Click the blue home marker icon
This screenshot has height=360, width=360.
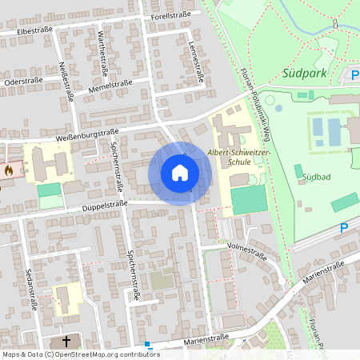[x=180, y=173]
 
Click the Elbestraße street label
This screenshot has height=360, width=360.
[x=34, y=30]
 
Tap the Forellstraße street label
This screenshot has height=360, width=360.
[x=170, y=14]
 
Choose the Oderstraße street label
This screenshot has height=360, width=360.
[x=23, y=82]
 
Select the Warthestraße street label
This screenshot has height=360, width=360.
[x=102, y=47]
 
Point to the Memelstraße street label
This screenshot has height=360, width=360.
[x=111, y=84]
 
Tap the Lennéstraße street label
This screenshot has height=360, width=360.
[x=194, y=62]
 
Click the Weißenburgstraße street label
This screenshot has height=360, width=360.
[x=87, y=135]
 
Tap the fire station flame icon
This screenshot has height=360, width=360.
[x=8, y=170]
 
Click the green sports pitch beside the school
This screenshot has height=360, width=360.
[x=248, y=199]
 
